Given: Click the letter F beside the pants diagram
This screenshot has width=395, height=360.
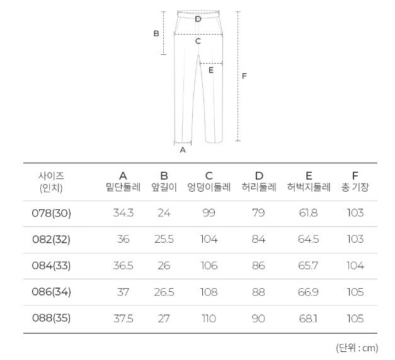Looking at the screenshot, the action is (244, 76).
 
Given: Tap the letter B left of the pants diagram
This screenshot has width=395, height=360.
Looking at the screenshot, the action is (156, 33).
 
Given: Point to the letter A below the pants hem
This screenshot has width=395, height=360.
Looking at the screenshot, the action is (183, 150).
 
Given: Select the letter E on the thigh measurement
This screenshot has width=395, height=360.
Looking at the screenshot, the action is (211, 70).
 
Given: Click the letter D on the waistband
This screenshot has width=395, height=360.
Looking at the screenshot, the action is (198, 19).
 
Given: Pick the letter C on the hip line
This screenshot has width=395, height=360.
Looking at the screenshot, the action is (198, 41).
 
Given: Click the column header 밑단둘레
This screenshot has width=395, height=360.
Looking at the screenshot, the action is (123, 187).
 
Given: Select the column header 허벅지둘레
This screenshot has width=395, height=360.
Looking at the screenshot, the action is (309, 187).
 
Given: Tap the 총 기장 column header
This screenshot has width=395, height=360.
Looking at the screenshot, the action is (355, 187).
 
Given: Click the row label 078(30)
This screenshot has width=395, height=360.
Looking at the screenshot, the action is (52, 213).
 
